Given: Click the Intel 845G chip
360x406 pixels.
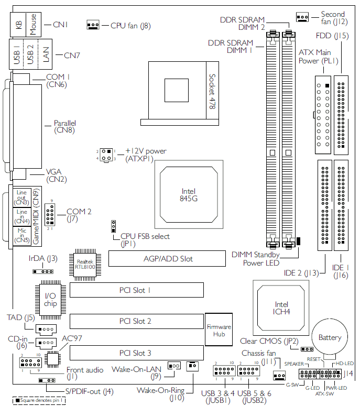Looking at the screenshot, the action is point(189,194).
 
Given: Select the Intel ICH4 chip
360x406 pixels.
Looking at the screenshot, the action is point(281,308).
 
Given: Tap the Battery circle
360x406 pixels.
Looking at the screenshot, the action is point(330,337).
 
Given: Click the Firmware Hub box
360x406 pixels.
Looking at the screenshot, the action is point(219,330).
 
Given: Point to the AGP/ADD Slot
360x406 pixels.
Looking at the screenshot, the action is point(167,258).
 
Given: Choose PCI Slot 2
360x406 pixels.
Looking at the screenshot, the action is point(136,321).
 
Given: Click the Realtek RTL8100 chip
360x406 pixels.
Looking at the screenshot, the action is point(85,265).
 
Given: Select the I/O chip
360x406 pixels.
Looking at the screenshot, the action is point(50,300).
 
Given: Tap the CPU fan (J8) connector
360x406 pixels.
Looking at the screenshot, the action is point(93,25).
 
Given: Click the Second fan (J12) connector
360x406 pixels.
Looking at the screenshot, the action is point(302,17).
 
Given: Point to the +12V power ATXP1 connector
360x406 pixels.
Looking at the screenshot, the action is point(106,155).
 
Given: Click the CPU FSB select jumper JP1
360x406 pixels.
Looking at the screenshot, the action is point(113,226).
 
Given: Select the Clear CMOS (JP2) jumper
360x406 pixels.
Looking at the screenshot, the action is point(307,349).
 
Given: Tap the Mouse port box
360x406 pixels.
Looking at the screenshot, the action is point(34,24).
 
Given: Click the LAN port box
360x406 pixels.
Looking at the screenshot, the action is point(45,54).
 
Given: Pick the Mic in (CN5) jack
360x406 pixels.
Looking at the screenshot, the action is point(22,235).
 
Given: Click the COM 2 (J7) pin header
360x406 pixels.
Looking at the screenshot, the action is point(50,215).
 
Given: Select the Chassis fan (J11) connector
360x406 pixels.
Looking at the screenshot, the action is point(279,376).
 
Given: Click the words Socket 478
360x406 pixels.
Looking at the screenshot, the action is point(212,91).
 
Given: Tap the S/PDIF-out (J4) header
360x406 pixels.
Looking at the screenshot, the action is point(47,380).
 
